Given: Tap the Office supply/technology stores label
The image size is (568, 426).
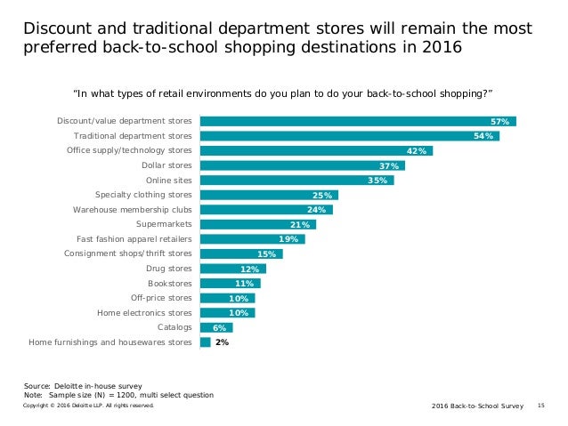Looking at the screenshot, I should [129, 150].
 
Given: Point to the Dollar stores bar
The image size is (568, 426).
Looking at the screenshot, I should [302, 165].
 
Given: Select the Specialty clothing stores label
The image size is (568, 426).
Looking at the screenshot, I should [143, 194].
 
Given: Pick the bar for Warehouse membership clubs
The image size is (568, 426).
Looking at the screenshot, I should [266, 209].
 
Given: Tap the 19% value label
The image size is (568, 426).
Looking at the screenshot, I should [288, 238].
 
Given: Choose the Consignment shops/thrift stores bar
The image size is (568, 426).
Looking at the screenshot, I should [240, 253].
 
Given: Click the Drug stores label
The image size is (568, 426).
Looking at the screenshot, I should [168, 268].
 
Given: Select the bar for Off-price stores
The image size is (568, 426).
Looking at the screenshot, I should [227, 297].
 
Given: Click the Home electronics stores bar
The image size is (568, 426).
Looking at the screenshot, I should [227, 312].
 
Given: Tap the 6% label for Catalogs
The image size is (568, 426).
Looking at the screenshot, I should [217, 327].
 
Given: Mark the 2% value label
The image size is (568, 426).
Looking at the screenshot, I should [222, 342].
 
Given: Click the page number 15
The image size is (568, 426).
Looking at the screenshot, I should [540, 405].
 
